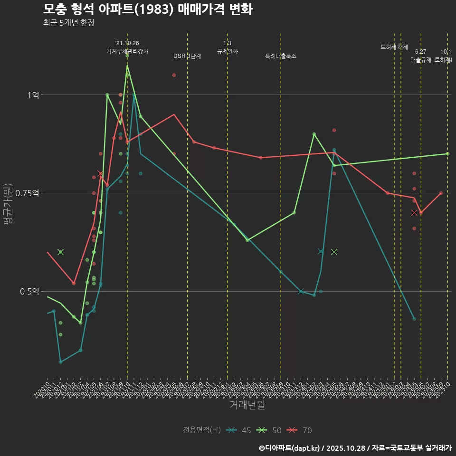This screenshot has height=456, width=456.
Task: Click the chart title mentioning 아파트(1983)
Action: click(147, 9)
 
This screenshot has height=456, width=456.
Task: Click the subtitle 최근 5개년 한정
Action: click(68, 23)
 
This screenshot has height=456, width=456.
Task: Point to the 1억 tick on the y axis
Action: click(33, 95)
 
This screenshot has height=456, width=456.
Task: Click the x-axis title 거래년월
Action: click(247, 405)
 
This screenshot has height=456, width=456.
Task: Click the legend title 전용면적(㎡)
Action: click(202, 430)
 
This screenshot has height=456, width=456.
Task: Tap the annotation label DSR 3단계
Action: click(187, 56)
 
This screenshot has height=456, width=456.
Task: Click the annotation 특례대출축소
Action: click(281, 56)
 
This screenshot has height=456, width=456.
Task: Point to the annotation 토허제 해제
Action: click(394, 47)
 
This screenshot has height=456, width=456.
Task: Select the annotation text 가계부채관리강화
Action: click(127, 51)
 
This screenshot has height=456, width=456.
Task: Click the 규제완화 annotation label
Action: click(227, 51)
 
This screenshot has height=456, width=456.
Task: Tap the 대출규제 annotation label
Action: click(421, 60)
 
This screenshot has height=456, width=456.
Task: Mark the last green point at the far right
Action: click(447, 153)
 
